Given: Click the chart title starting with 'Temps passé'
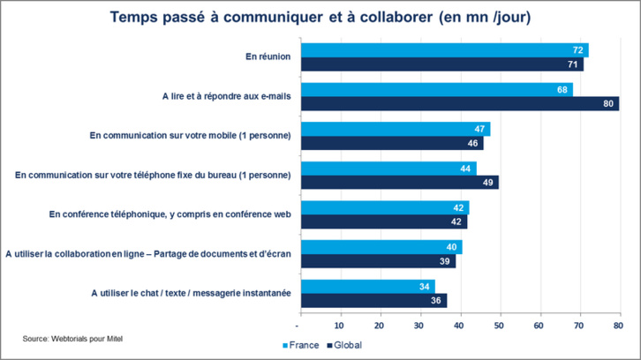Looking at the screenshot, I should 320,18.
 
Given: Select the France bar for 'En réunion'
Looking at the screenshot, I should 444,50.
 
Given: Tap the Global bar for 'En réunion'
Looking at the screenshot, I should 441,64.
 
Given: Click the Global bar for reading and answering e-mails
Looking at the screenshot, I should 459,103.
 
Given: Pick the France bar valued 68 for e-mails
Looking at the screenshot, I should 436,89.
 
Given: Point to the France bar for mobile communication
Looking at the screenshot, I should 395,129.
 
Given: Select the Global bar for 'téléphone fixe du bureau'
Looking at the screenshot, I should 399,182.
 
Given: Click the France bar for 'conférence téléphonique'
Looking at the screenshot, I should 385,207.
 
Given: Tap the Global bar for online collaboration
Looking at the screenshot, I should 378,260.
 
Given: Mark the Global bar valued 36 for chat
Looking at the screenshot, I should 373,300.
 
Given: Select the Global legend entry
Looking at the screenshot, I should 345,345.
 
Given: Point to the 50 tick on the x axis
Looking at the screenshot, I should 500,323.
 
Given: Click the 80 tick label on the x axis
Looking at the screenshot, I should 619,323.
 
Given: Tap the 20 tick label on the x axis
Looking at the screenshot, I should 381,323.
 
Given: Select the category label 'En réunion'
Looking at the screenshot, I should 268,57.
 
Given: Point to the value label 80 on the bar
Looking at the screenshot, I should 607,104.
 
